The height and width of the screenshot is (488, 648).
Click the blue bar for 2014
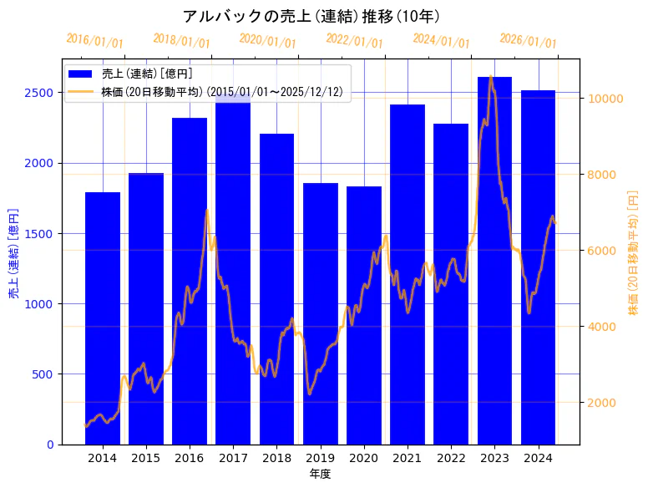(x=103, y=318)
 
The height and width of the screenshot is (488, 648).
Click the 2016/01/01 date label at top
(x=94, y=41)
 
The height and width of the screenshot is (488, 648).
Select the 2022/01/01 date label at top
(x=355, y=41)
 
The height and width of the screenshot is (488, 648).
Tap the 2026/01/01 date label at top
(x=528, y=41)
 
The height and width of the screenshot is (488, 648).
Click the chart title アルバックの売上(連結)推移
(x=311, y=16)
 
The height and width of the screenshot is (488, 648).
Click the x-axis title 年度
(x=320, y=474)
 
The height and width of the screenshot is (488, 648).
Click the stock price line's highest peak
(x=491, y=78)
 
